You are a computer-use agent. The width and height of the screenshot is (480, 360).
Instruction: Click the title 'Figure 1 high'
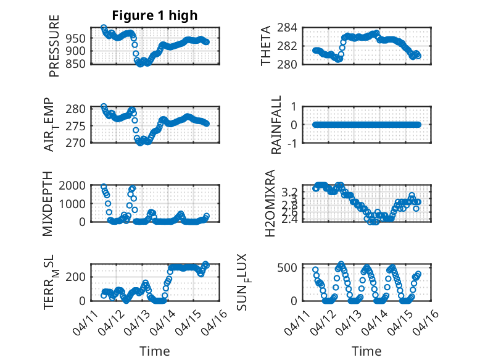154,15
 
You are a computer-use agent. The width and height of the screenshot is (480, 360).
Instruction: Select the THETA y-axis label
266,46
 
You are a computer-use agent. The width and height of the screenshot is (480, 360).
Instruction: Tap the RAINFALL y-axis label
276,125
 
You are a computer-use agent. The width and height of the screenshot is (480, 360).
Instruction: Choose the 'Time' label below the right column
366,351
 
